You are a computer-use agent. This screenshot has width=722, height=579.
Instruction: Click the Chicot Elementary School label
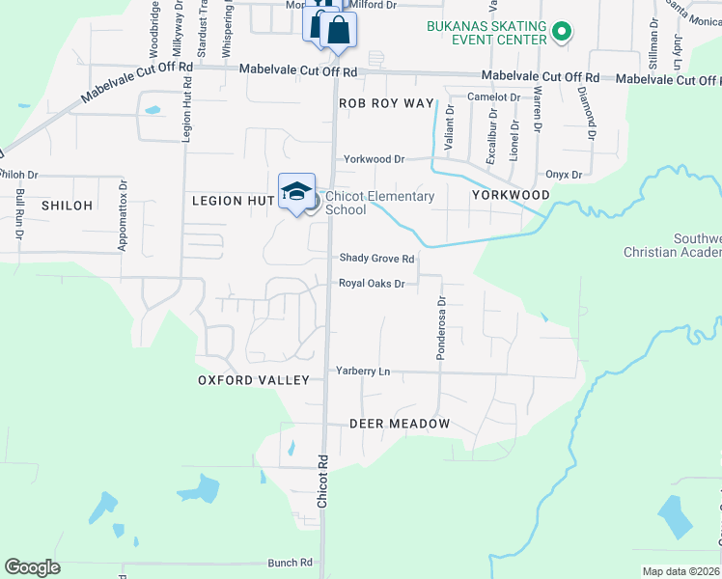[x=379, y=203]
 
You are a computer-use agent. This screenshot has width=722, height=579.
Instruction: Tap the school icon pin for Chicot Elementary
[x=296, y=189]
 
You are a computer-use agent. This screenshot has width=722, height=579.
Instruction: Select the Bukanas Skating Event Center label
[x=485, y=35]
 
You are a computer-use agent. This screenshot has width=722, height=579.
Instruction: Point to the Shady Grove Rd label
[x=376, y=259]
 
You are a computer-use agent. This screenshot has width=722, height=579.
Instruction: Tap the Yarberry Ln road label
[x=363, y=371]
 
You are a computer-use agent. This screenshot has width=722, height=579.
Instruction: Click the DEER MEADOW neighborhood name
[x=400, y=424]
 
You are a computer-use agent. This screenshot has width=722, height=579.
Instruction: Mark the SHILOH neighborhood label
[x=67, y=206]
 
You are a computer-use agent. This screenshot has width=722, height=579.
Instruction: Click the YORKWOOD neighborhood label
[x=511, y=195]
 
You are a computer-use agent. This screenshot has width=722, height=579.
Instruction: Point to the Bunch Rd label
[x=291, y=562]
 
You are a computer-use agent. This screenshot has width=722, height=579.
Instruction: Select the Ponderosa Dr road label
[x=441, y=328]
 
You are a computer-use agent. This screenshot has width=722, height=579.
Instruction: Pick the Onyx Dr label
[x=564, y=175]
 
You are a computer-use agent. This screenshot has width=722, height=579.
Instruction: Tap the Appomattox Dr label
[x=123, y=216]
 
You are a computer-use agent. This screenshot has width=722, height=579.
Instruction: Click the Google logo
[x=32, y=567]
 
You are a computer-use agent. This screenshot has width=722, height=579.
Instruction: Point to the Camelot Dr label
[x=493, y=97]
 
